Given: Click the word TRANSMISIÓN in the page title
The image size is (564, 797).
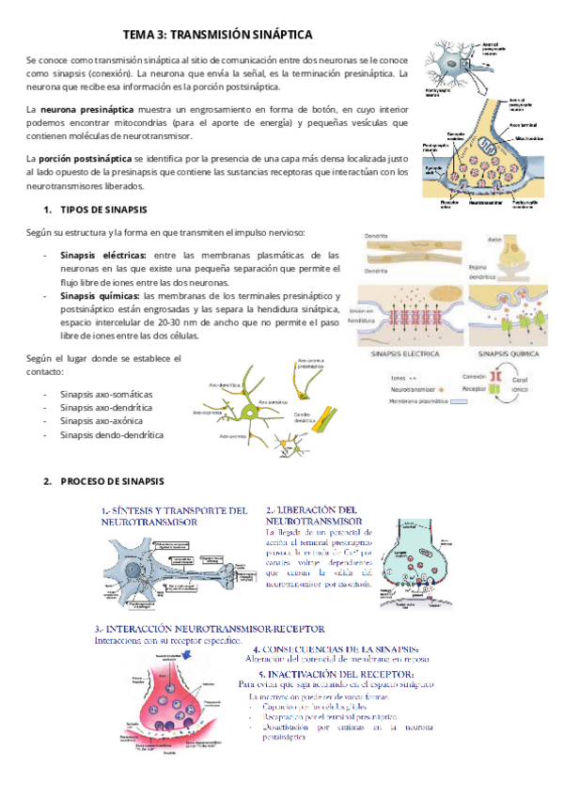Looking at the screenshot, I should [219, 34].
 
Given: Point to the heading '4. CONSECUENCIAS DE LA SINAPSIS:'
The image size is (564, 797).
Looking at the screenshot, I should [342, 649].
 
